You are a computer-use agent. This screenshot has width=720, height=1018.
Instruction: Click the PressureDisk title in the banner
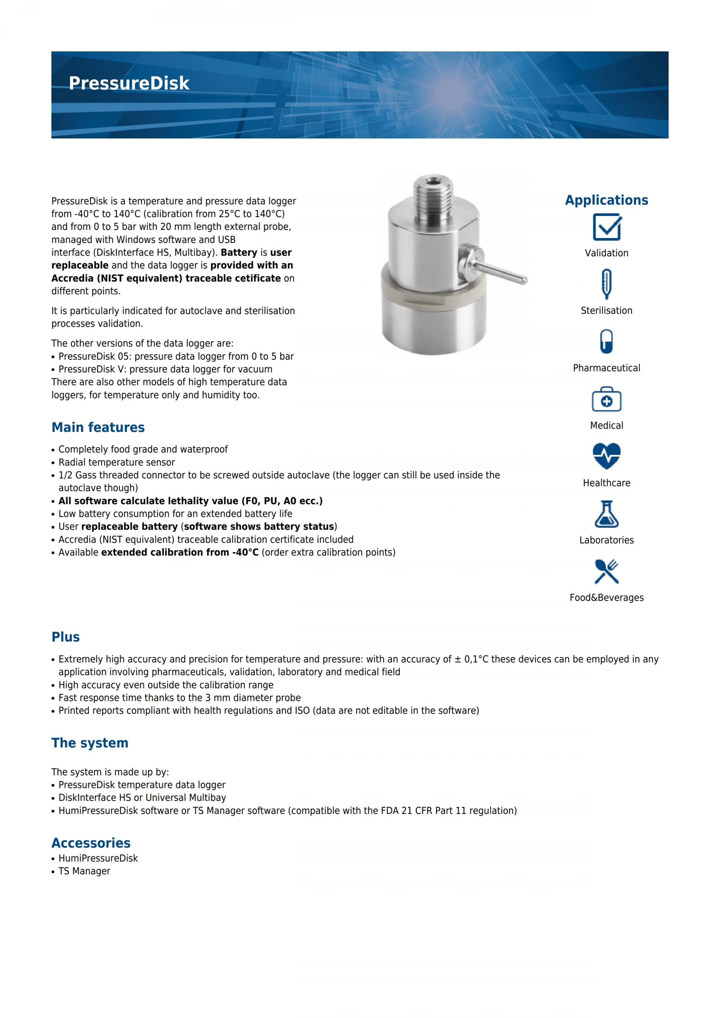click(129, 83)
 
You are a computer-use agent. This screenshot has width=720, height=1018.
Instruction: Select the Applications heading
click(606, 200)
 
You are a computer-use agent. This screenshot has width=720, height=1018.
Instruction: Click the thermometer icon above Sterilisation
click(606, 284)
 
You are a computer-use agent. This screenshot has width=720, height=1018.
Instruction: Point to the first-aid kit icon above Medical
click(606, 399)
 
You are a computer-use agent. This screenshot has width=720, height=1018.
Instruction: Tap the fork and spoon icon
click(606, 571)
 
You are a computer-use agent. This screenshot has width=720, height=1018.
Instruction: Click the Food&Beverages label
click(606, 598)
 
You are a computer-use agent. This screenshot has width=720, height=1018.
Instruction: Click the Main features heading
click(98, 427)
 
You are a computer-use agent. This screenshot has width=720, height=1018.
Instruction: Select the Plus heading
click(66, 637)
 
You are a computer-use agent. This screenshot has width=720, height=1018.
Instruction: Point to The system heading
click(90, 743)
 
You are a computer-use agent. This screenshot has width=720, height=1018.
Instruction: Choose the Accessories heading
click(91, 843)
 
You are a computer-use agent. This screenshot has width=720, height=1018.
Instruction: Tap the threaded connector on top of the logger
click(433, 190)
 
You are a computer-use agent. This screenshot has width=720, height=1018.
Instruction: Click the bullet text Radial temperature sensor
click(117, 462)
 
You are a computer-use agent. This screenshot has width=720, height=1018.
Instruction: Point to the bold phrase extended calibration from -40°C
click(180, 552)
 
